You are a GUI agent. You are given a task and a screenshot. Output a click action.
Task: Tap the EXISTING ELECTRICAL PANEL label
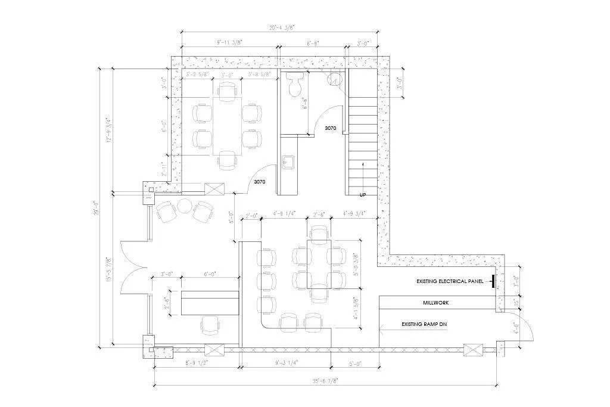(453, 281)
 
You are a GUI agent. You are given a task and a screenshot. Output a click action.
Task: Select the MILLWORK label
(436, 303)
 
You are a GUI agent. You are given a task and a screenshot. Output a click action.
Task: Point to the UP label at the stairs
(362, 195)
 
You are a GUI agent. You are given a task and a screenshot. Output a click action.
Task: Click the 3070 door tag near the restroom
(331, 128)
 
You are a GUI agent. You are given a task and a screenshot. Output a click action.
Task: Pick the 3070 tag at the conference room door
(260, 182)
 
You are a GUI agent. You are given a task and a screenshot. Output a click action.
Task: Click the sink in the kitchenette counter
(288, 161)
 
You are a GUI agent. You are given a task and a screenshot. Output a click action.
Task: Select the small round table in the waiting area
(183, 207)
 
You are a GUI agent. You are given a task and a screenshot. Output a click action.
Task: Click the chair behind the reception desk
(210, 325)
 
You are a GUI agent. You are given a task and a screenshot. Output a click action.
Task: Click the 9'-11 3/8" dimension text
(229, 43)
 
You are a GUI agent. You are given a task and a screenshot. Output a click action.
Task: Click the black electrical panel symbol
(494, 281)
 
